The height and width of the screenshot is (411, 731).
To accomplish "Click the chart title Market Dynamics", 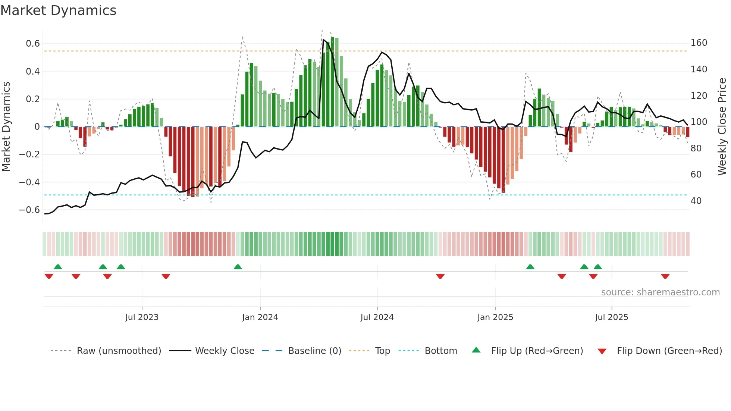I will click(58, 10).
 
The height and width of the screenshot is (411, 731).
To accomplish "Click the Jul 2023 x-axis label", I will click(142, 317).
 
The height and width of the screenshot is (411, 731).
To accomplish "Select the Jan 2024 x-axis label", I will click(260, 317).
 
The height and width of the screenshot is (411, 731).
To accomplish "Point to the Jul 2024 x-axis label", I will click(377, 317).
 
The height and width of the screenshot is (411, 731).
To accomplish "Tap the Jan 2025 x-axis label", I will click(495, 317).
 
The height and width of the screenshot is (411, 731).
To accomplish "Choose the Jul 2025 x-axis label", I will click(612, 317).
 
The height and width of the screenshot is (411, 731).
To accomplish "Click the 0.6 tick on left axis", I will click(33, 44).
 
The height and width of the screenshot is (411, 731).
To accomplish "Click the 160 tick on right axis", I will click(699, 43).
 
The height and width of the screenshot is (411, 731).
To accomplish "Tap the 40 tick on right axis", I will click(696, 201).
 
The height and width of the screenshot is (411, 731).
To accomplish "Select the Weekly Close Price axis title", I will click(722, 127).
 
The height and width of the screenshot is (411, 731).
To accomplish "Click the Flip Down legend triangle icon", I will click(602, 351).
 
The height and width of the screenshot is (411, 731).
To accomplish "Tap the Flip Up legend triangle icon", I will click(476, 350).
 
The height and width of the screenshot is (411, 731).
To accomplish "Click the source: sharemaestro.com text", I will click(660, 292).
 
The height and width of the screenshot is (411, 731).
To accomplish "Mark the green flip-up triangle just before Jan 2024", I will click(238, 267).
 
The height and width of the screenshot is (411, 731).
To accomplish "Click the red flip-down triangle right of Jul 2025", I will click(665, 276).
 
